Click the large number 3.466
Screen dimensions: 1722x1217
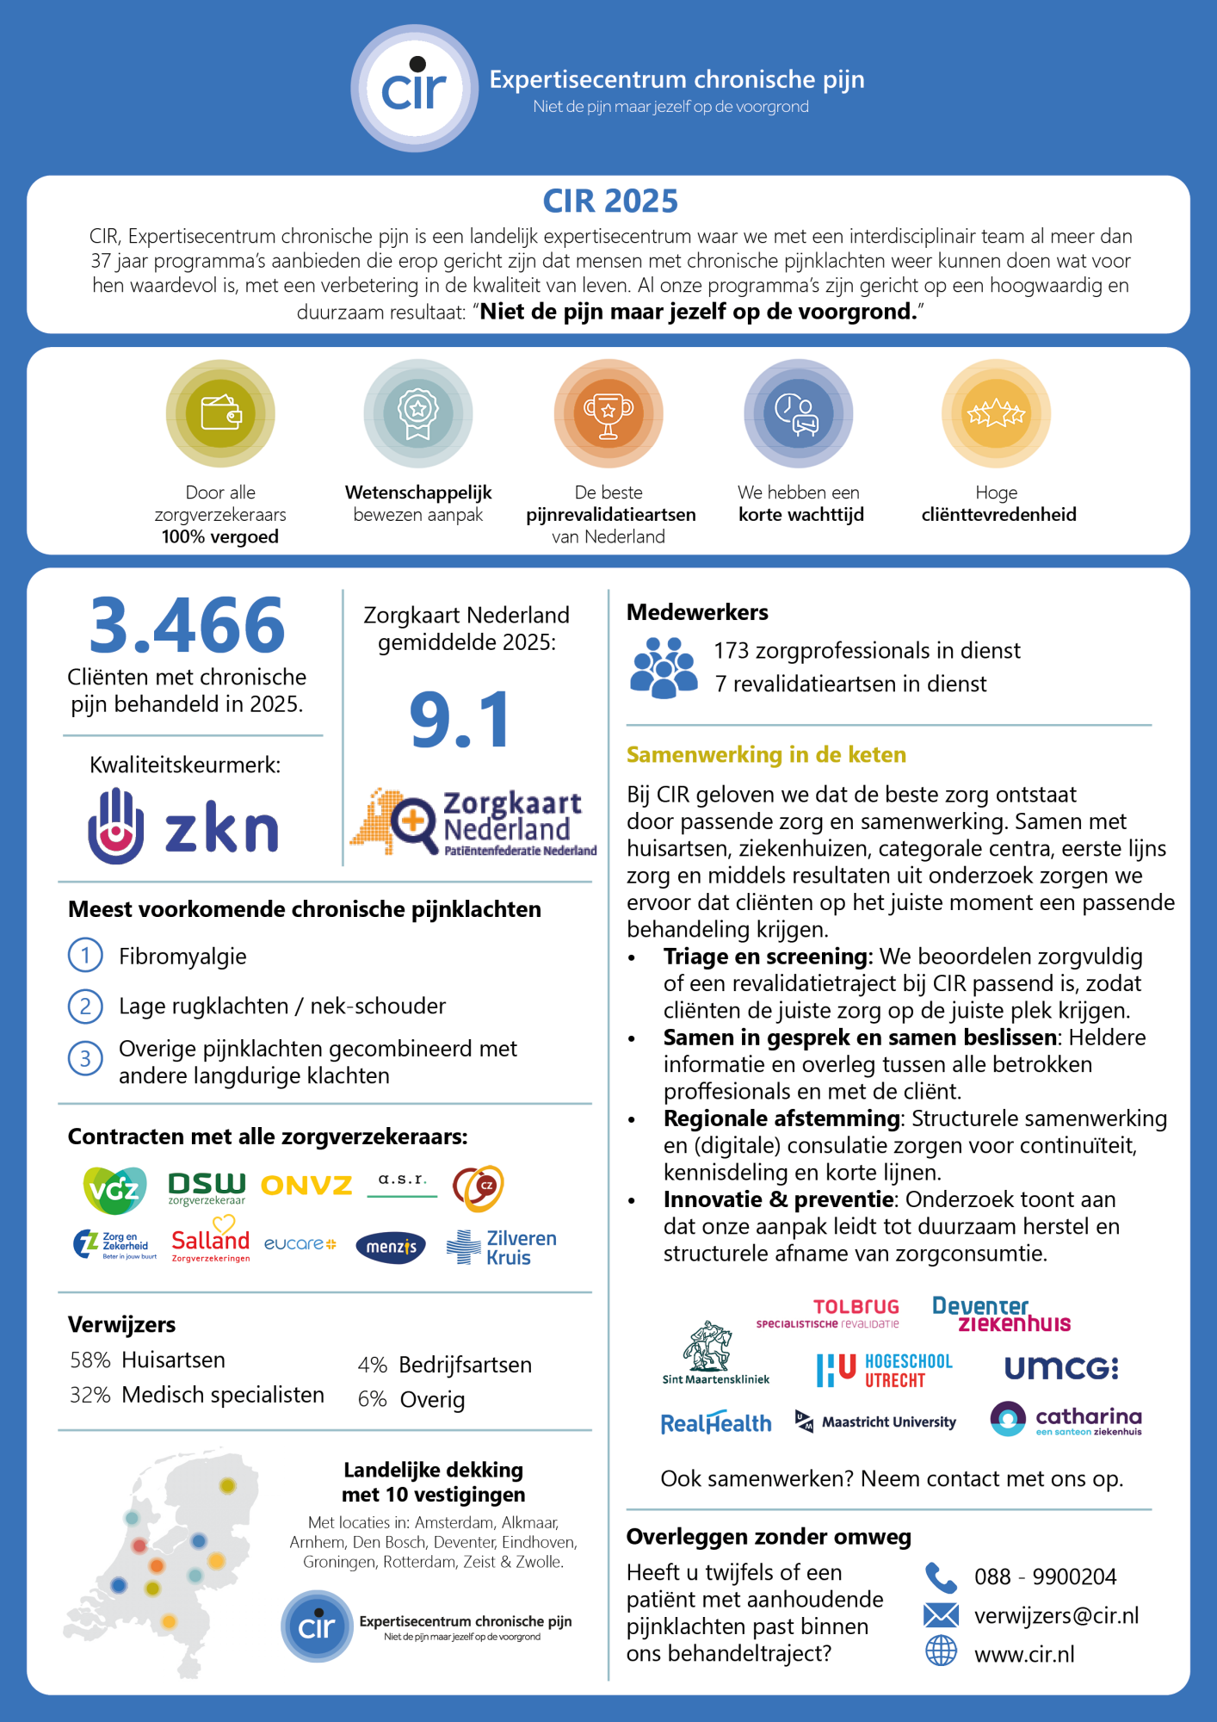click(x=187, y=626)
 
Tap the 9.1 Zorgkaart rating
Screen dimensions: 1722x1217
click(x=460, y=720)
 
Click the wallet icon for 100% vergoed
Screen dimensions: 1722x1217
click(x=220, y=413)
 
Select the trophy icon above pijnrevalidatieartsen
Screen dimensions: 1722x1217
click(x=608, y=413)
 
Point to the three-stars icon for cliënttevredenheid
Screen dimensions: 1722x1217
click(x=996, y=414)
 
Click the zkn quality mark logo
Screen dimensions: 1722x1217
click(x=183, y=827)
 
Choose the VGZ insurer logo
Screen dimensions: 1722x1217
click(x=114, y=1189)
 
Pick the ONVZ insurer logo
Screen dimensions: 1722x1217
click(x=306, y=1186)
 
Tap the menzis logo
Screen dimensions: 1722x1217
click(x=391, y=1247)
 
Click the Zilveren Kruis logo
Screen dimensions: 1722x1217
click(x=502, y=1247)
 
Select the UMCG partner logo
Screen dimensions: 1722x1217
click(x=1061, y=1368)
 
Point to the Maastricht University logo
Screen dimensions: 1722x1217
click(x=876, y=1422)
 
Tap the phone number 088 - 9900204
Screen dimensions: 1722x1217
click(x=1045, y=1576)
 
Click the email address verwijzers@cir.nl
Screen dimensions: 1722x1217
click(x=1056, y=1615)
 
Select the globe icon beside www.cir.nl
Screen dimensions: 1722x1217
click(x=941, y=1651)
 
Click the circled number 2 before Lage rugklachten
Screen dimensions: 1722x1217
click(x=85, y=1006)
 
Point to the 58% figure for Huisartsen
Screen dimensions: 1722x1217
click(x=90, y=1360)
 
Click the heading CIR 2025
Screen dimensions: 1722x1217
click(x=610, y=201)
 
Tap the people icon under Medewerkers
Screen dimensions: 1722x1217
click(x=663, y=667)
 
